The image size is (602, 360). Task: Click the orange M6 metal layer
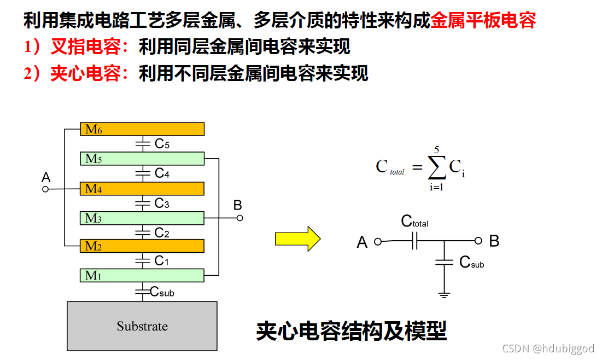point(142,129)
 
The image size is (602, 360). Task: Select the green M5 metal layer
point(142,159)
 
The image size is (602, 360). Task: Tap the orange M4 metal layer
point(142,189)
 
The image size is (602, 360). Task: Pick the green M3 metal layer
point(142,218)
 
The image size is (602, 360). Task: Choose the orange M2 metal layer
point(142,246)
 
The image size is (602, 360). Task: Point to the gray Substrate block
point(142,326)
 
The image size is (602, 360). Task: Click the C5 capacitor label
point(162,144)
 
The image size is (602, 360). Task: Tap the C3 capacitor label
point(162,204)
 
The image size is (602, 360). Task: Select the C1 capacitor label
point(162,261)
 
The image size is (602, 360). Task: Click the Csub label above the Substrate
point(162,292)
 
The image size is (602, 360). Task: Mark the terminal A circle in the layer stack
point(46,189)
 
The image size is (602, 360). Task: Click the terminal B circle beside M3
point(239,218)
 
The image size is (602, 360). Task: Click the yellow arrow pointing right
point(297,239)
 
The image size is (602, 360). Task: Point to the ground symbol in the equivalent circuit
point(444,295)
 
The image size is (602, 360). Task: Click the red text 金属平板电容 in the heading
point(483,21)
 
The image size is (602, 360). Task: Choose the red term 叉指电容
point(85,47)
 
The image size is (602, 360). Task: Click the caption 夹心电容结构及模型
point(351,331)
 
